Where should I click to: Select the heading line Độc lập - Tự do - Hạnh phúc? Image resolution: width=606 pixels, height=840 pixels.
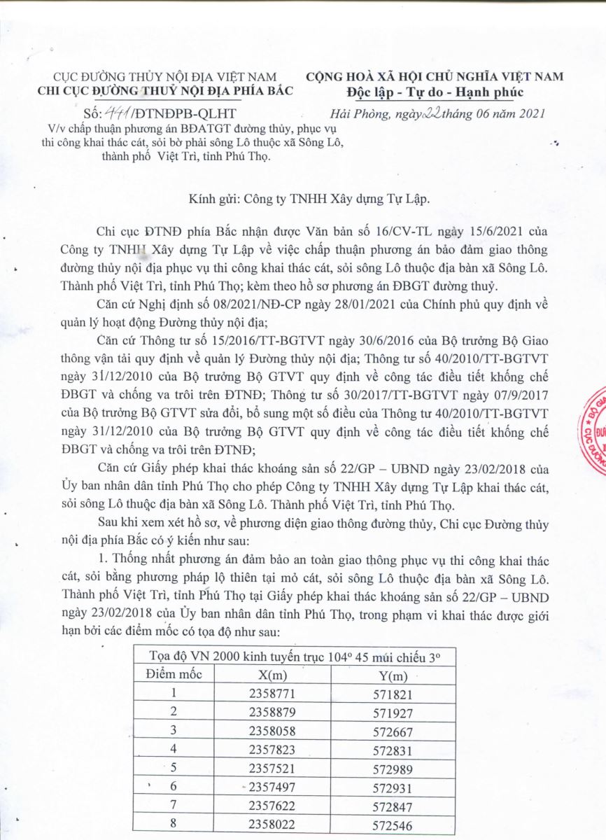434,92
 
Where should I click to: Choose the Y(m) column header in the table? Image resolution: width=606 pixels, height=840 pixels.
391,676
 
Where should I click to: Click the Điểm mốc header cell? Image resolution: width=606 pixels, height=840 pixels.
173,675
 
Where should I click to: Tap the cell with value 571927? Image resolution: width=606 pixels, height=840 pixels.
392,712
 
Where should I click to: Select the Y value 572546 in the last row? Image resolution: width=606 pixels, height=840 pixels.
392,821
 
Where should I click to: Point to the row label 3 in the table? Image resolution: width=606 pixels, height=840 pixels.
173,730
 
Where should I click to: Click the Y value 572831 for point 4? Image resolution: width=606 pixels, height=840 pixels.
392,748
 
